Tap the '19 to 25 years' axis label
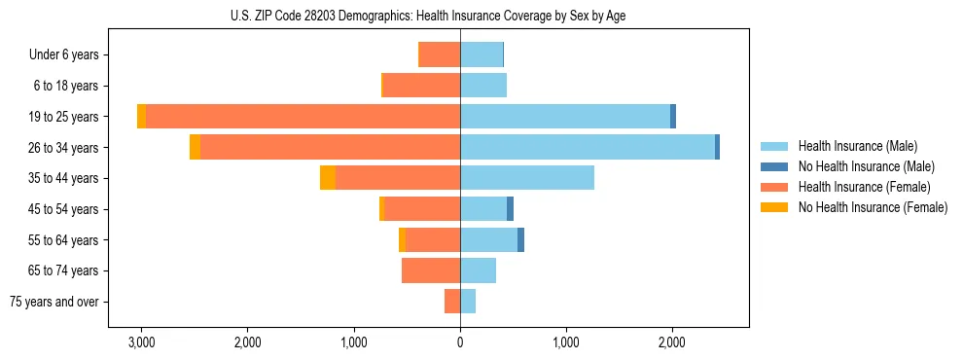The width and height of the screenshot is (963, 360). pyautogui.click(x=64, y=117)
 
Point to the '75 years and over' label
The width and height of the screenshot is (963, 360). pyautogui.click(x=54, y=302)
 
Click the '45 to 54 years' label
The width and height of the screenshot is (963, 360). pyautogui.click(x=64, y=209)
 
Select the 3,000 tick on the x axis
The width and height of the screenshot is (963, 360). pyautogui.click(x=141, y=342)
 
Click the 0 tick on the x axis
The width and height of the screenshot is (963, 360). pyautogui.click(x=460, y=342)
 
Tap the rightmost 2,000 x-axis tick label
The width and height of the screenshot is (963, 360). pyautogui.click(x=672, y=342)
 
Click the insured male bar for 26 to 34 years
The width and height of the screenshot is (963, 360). pyautogui.click(x=588, y=147)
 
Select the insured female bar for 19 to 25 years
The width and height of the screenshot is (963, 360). pyautogui.click(x=303, y=117)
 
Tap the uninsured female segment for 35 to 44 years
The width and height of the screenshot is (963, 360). pyautogui.click(x=328, y=178)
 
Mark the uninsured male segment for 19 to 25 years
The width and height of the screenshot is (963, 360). pyautogui.click(x=673, y=117)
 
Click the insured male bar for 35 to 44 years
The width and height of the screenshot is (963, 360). pyautogui.click(x=526, y=178)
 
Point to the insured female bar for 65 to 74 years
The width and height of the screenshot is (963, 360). pyautogui.click(x=431, y=270)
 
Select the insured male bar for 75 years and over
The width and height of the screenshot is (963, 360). pyautogui.click(x=468, y=302)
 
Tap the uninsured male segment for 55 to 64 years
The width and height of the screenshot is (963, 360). pyautogui.click(x=520, y=239)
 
